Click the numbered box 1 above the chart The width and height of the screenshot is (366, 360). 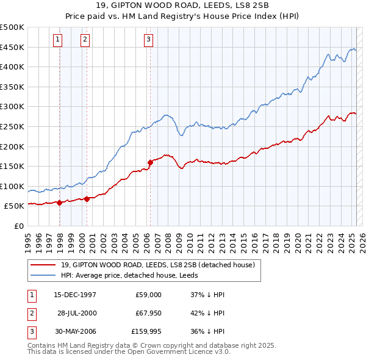tap(57, 40)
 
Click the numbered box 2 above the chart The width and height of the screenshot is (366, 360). tap(85, 40)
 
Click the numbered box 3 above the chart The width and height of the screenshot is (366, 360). tap(148, 40)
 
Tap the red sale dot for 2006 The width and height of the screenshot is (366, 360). tap(150, 162)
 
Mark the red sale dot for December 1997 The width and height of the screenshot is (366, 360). tap(59, 203)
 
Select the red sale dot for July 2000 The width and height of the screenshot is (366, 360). tap(87, 199)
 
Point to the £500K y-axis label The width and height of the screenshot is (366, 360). tap(12, 27)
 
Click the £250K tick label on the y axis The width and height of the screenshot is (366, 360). tap(12, 126)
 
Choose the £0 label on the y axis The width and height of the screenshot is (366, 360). tap(18, 226)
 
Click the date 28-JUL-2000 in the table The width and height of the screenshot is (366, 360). tap(77, 314)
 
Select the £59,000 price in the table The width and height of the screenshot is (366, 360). tap(149, 294)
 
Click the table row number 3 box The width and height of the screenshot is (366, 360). tap(30, 333)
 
